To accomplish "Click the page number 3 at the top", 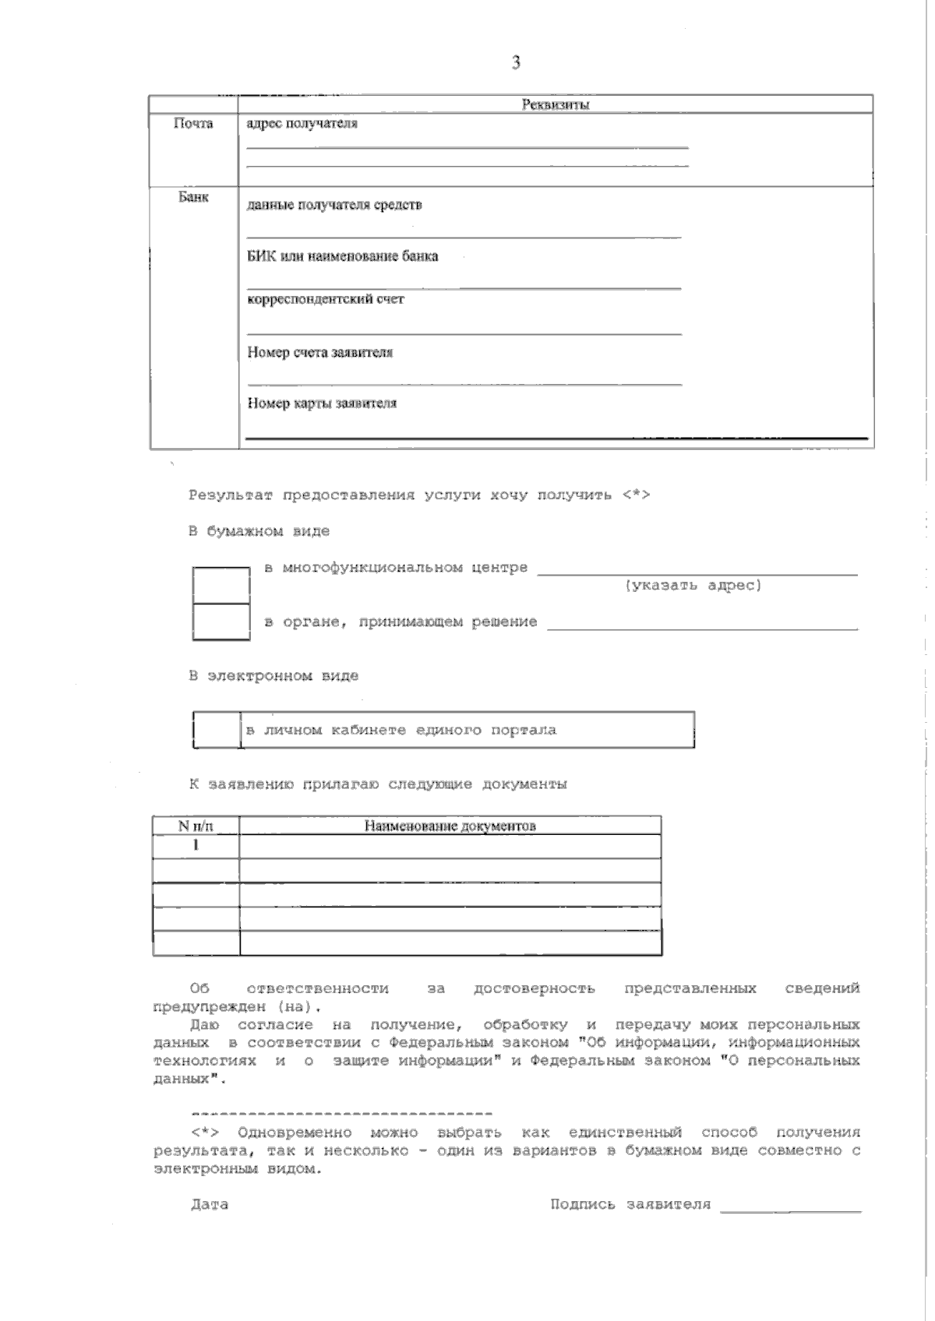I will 516,63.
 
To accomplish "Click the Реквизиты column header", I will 555,105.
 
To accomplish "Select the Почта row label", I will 193,124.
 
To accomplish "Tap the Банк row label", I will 193,198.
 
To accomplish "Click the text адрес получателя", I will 302,124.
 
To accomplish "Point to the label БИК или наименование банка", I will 343,256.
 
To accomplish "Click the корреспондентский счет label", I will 326,299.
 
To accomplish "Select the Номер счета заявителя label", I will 320,352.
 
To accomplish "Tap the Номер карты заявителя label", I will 322,403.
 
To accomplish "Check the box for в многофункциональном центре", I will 221,586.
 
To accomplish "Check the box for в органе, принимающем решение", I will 221,622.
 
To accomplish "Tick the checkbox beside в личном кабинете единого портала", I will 217,730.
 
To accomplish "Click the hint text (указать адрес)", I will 693,586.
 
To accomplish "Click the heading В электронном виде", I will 273,676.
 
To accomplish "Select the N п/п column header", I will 196,826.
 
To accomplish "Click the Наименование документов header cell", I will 450,826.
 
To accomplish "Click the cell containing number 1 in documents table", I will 196,845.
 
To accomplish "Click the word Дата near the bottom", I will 210,1205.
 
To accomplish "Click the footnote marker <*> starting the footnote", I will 205,1133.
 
